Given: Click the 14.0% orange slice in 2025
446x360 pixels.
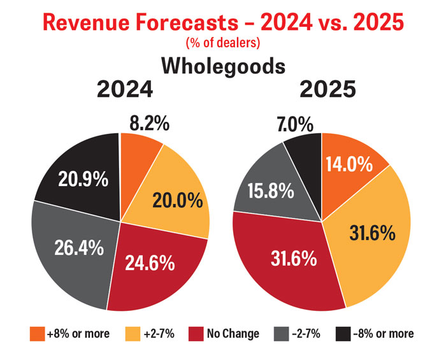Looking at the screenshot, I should coord(348,164).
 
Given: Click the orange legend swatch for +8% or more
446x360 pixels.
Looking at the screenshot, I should coord(37,333).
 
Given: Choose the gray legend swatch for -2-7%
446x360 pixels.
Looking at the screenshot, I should coord(281,333).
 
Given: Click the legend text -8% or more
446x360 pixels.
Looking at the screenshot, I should coord(383,333).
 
